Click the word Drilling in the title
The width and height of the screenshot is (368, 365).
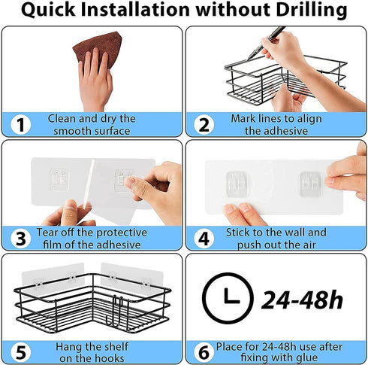[x=312, y=11]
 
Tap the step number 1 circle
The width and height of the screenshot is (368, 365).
[x=21, y=125]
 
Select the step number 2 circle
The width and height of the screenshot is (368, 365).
[x=204, y=125]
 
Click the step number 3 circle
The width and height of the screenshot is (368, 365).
[x=21, y=239]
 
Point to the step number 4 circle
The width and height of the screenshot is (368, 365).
[x=204, y=239]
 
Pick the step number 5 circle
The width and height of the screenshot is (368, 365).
[x=21, y=352]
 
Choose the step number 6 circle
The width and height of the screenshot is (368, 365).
[x=204, y=352]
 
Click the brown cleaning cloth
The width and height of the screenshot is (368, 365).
[x=100, y=47]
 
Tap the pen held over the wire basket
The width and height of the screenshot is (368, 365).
[x=266, y=43]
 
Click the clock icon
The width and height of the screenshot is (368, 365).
[x=228, y=298]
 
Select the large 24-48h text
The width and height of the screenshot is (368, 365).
[x=302, y=300]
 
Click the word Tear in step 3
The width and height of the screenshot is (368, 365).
[x=47, y=233]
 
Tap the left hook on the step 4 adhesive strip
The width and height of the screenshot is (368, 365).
[x=237, y=184]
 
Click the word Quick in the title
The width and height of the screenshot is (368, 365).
[x=48, y=11]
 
